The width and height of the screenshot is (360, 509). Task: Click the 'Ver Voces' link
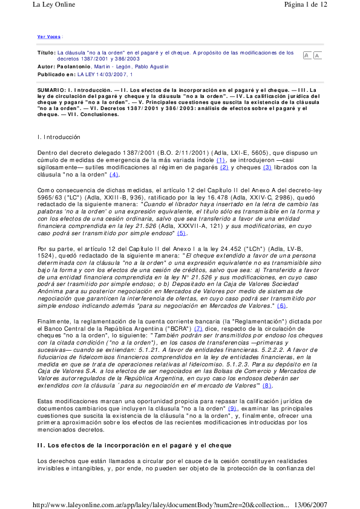click(49, 36)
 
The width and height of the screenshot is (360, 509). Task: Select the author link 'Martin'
click(103, 66)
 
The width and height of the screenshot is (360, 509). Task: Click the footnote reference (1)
click(221, 160)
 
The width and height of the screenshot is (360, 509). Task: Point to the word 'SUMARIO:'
click(52, 89)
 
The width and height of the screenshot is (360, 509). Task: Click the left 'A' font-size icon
click(307, 56)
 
